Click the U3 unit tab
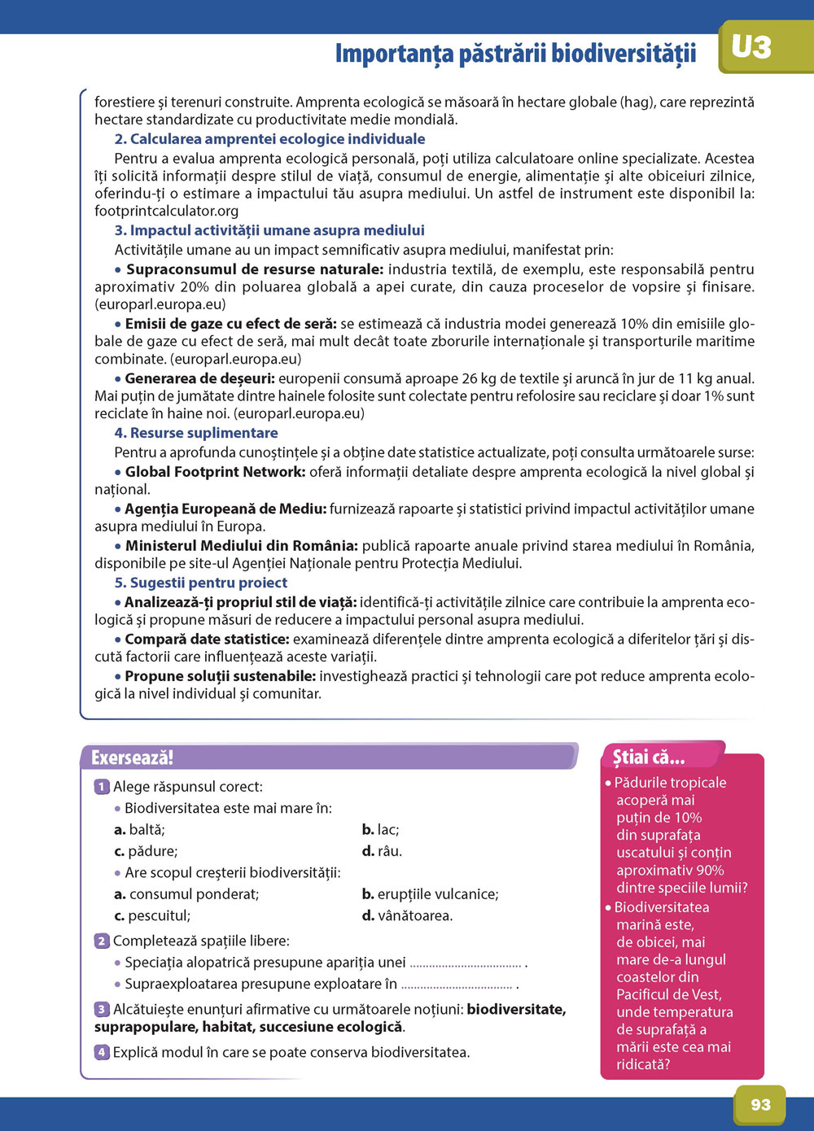coord(751,47)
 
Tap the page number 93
coord(760,1104)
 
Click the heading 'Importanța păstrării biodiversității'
coord(515,54)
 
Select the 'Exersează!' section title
coord(132,758)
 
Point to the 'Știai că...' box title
coord(649,758)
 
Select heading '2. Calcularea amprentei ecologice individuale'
coord(269,139)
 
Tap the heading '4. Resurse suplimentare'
coord(196,433)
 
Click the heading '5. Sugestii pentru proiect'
coord(201,583)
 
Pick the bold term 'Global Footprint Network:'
coord(215,472)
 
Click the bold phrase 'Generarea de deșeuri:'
coord(200,378)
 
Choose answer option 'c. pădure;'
coord(146,851)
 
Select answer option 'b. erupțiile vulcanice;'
coord(430,893)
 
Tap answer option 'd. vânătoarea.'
coord(407,915)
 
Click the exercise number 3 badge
coord(102,1009)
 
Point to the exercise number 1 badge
coord(102,787)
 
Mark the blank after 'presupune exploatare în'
coord(457,985)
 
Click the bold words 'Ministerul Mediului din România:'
coord(241,545)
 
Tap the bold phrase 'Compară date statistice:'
coord(207,640)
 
